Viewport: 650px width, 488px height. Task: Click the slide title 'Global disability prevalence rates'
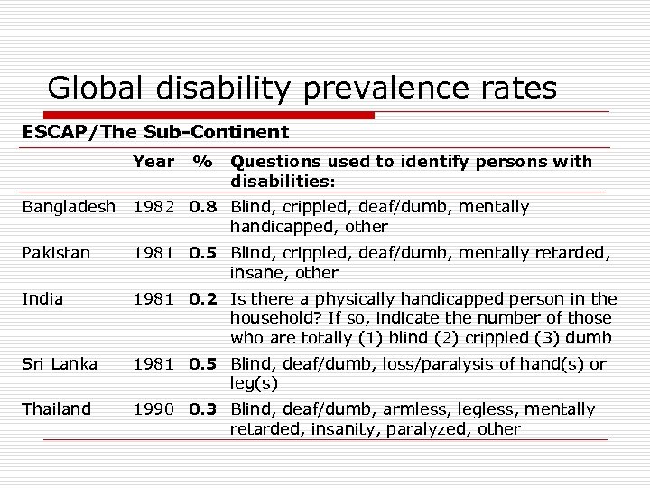[x=302, y=88]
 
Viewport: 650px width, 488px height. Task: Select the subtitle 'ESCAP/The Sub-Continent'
[x=155, y=132]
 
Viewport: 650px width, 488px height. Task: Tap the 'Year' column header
[x=153, y=162]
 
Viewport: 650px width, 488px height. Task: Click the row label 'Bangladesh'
[x=70, y=207]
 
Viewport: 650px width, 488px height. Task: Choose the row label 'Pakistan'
[x=56, y=253]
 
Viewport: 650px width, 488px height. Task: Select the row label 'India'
[x=40, y=299]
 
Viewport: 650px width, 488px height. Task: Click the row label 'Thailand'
[x=57, y=409]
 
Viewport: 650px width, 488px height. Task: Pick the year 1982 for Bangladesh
[x=154, y=207]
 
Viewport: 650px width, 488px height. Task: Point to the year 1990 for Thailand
[x=154, y=409]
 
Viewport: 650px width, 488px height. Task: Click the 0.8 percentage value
[x=204, y=207]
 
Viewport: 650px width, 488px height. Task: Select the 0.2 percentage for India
[x=204, y=299]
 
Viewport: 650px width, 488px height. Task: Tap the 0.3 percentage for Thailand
[x=204, y=409]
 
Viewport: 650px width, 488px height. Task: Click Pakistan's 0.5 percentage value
[x=204, y=253]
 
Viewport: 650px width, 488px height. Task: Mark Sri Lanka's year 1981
[x=154, y=363]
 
